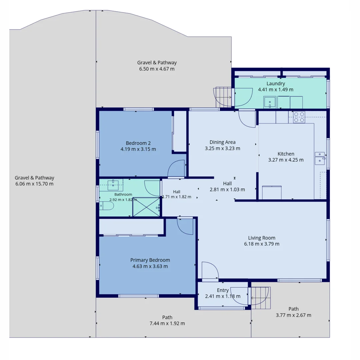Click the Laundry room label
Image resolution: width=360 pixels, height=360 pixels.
click(276, 84)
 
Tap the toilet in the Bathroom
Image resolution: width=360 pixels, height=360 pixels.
click(107, 206)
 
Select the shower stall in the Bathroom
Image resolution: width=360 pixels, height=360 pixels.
click(146, 207)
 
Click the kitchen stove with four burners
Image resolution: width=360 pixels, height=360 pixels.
click(299, 117)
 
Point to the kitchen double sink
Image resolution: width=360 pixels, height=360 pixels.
click(320, 158)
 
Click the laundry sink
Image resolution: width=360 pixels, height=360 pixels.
click(270, 102)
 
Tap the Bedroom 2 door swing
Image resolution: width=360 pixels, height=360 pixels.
click(176, 168)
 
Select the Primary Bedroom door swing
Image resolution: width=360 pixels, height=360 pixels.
click(185, 226)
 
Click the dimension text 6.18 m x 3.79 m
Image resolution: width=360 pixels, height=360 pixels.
click(262, 244)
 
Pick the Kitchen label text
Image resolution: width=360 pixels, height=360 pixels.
click(286, 154)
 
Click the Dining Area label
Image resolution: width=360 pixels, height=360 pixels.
click(222, 142)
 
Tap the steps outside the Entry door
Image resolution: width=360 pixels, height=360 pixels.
click(261, 298)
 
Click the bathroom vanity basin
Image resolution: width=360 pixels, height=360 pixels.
click(113, 185)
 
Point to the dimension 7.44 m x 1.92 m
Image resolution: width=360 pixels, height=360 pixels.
click(167, 323)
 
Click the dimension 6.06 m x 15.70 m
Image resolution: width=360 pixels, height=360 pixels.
click(34, 184)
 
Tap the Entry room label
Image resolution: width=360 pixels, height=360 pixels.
click(223, 290)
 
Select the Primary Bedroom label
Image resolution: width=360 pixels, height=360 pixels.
click(150, 260)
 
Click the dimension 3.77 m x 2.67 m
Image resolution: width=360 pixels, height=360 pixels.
click(293, 315)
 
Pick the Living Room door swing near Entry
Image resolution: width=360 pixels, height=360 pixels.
click(210, 270)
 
